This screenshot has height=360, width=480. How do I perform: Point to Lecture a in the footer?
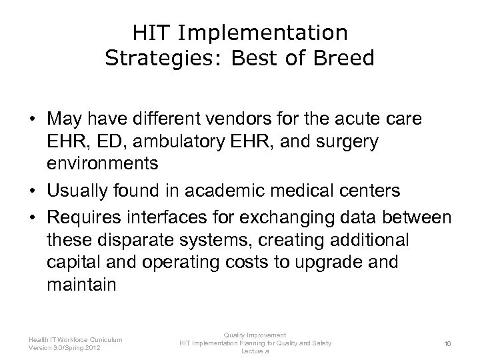tap(255, 351)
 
